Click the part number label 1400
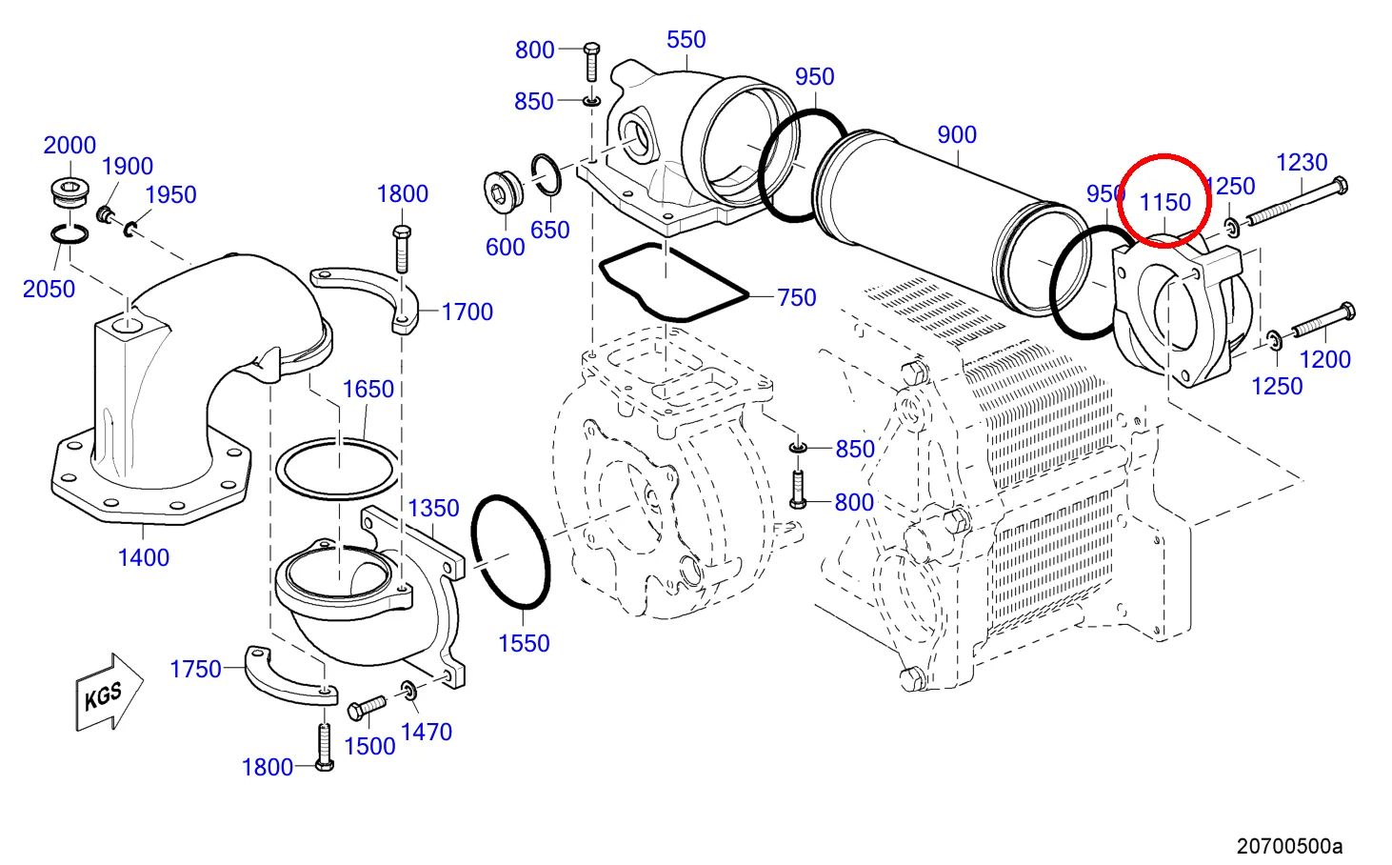pyautogui.click(x=144, y=558)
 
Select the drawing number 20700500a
pyautogui.click(x=1289, y=846)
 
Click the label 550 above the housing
pyautogui.click(x=686, y=40)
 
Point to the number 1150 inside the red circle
pyautogui.click(x=1165, y=202)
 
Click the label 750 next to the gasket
pyautogui.click(x=797, y=298)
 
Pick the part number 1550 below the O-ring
pyautogui.click(x=524, y=644)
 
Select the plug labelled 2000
pyautogui.click(x=69, y=192)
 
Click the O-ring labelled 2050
pyautogui.click(x=69, y=233)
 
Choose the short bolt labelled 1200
pyautogui.click(x=1323, y=320)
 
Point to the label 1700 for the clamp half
pyautogui.click(x=467, y=312)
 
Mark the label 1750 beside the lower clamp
pyautogui.click(x=195, y=669)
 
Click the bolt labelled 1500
pyautogui.click(x=367, y=709)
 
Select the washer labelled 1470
pyautogui.click(x=409, y=690)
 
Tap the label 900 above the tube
pyautogui.click(x=957, y=135)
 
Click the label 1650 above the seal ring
pyautogui.click(x=368, y=390)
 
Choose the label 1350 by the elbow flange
pyautogui.click(x=434, y=509)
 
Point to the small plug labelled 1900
pyautogui.click(x=105, y=214)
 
